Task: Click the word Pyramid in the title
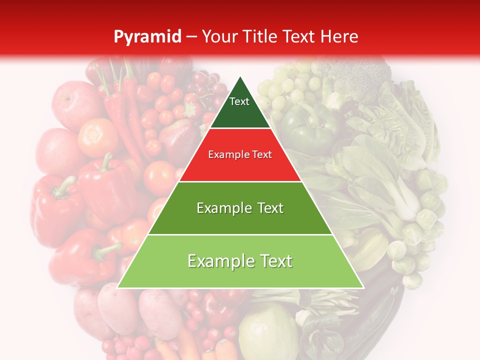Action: (147, 37)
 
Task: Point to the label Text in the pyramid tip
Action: (239, 101)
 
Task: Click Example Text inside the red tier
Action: (240, 154)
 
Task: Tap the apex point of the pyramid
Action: (240, 77)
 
